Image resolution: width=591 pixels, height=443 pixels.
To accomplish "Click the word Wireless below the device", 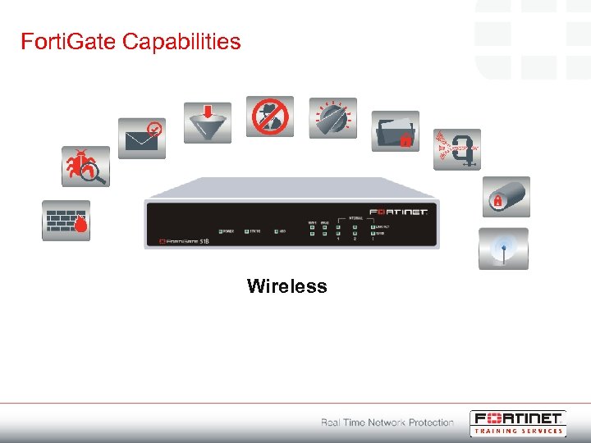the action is click(286, 286).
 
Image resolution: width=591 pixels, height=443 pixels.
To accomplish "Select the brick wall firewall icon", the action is click(66, 220).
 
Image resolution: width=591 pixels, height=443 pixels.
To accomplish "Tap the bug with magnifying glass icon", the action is click(86, 167).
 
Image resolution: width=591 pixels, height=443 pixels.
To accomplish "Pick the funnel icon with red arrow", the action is click(208, 122).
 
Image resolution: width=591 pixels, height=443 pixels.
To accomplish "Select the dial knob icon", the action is click(332, 118).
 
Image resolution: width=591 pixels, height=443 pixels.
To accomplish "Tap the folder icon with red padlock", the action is click(395, 131).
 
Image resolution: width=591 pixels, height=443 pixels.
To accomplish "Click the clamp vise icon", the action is click(456, 149).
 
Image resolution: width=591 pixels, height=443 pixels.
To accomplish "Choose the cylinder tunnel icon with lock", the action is click(505, 197).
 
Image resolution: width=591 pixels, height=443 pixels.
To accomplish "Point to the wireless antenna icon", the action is click(503, 249).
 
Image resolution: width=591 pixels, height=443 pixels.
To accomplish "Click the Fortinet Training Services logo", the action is click(517, 422).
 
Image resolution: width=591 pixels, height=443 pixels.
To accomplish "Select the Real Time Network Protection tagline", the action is click(387, 422).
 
